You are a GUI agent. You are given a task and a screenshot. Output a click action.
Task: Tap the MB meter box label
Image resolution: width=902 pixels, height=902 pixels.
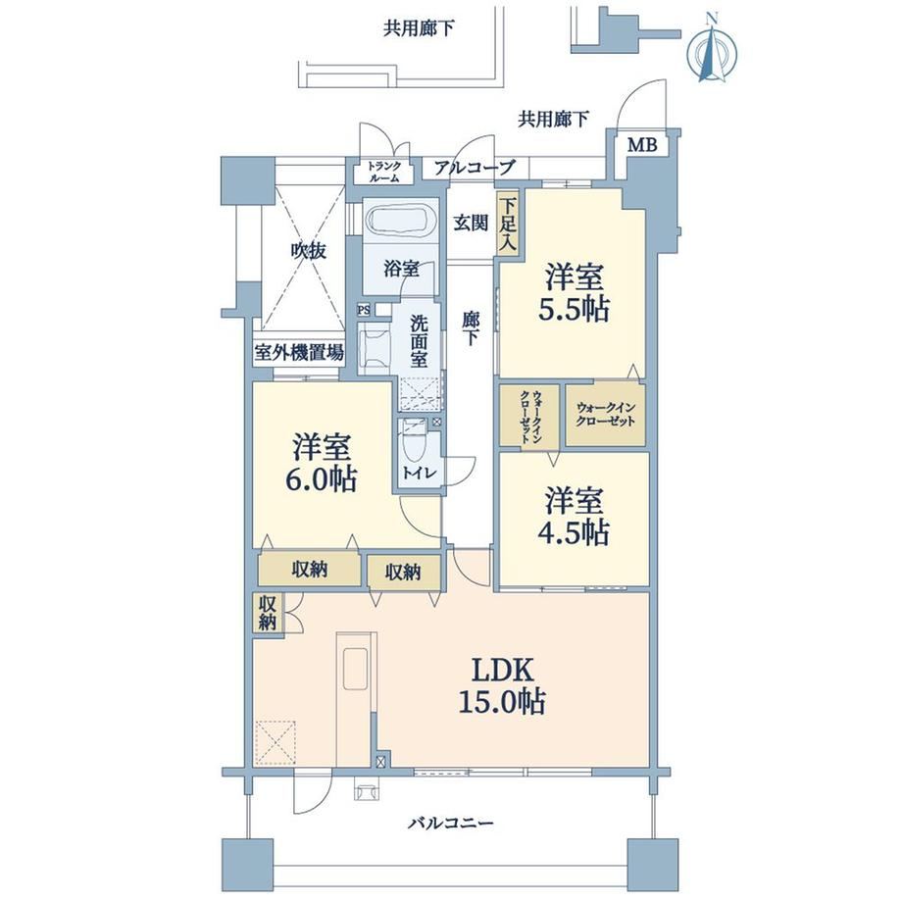[642, 144]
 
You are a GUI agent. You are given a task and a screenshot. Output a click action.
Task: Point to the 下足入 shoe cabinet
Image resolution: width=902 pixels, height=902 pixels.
[508, 224]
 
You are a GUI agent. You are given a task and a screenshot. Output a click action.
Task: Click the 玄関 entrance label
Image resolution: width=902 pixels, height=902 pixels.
[472, 223]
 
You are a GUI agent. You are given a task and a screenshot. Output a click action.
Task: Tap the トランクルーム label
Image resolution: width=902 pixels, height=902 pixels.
[384, 172]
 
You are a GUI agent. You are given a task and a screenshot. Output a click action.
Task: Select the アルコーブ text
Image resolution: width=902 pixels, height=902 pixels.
[474, 168]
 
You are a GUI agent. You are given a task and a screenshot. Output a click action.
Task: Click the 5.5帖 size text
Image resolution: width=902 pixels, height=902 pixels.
[574, 310]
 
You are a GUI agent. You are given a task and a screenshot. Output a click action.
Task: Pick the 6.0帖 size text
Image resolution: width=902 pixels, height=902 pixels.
[322, 478]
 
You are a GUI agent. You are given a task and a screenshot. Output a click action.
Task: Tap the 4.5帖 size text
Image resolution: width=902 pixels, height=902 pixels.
[574, 532]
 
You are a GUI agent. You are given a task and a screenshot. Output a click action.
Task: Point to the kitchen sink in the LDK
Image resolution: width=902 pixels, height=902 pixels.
[356, 668]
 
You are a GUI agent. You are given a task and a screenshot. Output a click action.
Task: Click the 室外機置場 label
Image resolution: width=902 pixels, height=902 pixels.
[299, 352]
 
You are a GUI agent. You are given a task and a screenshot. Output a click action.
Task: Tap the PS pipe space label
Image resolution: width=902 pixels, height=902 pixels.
[364, 310]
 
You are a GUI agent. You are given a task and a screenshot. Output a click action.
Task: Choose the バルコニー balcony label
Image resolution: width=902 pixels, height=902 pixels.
[451, 824]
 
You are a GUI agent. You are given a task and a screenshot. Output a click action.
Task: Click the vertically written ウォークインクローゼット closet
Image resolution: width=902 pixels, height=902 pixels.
[529, 416]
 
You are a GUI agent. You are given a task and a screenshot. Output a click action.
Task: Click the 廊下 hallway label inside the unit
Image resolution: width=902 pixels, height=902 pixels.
[471, 329]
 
